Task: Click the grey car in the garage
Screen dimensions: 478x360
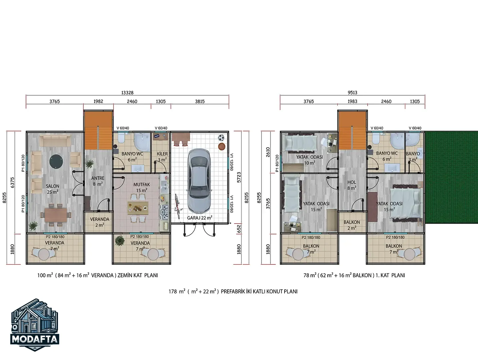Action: [x=199, y=181]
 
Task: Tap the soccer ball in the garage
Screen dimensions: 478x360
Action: [x=221, y=138]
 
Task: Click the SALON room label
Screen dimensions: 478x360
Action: [x=52, y=186]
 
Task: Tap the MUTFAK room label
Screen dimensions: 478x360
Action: [x=141, y=184]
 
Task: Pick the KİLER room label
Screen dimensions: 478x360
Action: [x=162, y=154]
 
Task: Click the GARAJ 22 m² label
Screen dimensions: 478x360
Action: [x=199, y=218]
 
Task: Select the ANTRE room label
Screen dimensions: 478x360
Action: [x=98, y=178]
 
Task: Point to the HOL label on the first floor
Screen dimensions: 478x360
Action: [x=352, y=182]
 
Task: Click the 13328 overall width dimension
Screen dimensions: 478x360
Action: [x=127, y=93]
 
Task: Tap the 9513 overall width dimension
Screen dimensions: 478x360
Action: [x=352, y=93]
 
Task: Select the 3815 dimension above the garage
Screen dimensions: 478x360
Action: [x=200, y=101]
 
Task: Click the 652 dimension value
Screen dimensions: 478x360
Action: [x=239, y=229]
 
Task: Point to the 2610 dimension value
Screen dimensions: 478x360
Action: [x=268, y=152]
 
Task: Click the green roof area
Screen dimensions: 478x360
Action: [x=452, y=177]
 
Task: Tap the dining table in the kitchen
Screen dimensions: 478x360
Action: [x=138, y=208]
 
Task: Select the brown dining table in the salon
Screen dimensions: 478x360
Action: [x=56, y=215]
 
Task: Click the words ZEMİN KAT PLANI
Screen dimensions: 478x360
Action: [x=138, y=275]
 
